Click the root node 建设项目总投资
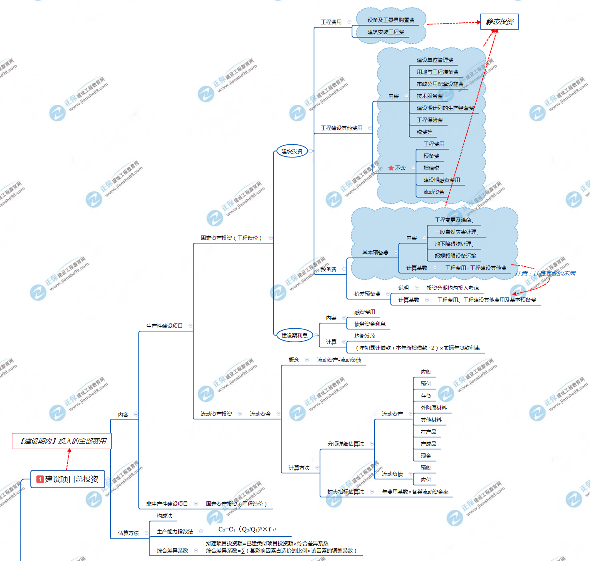point(68,479)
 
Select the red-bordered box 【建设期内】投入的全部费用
point(62,441)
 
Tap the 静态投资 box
point(499,22)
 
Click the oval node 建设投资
point(292,151)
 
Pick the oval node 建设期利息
point(294,335)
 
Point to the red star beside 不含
point(391,168)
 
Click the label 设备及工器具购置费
point(391,20)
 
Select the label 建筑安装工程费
point(386,32)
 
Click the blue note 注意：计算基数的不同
point(545,274)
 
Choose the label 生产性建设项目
point(164,326)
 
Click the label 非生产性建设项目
point(167,504)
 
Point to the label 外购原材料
point(434,408)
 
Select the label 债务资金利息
point(370,324)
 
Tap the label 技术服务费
point(430,96)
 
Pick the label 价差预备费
point(367,294)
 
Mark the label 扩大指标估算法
point(346,492)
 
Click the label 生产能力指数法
point(175,531)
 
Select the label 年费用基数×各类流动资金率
point(415,492)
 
